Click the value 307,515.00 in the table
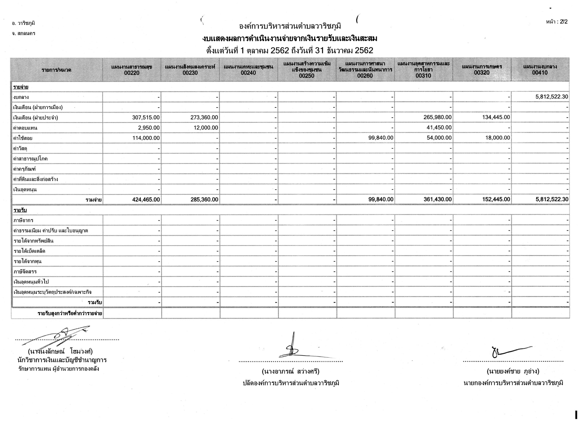pyautogui.click(x=146, y=117)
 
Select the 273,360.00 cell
pyautogui.click(x=204, y=117)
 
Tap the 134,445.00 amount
pyautogui.click(x=496, y=117)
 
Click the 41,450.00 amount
pyautogui.click(x=439, y=128)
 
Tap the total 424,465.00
pyautogui.click(x=146, y=199)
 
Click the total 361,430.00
pyautogui.click(x=438, y=199)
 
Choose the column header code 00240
pyautogui.click(x=248, y=73)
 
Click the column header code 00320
pyautogui.click(x=482, y=73)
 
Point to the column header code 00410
pyautogui.click(x=540, y=73)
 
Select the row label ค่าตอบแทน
pyautogui.click(x=24, y=128)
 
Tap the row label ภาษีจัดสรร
pyautogui.click(x=25, y=272)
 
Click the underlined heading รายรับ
pyautogui.click(x=20, y=210)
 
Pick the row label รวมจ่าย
pyautogui.click(x=93, y=200)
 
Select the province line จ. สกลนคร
pyautogui.click(x=24, y=33)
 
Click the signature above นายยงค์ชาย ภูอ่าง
pyautogui.click(x=509, y=352)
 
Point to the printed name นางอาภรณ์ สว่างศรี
pyautogui.click(x=291, y=371)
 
